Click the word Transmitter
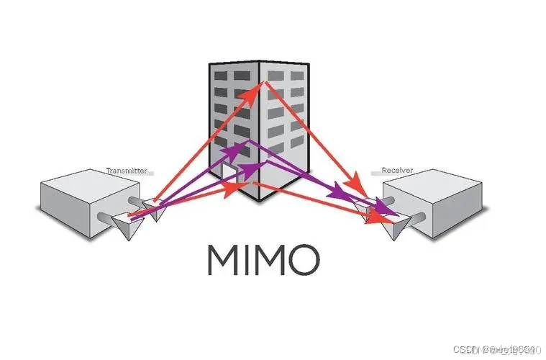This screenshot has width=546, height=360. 127,171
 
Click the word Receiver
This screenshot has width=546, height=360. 397,171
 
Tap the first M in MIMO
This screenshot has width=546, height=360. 225,260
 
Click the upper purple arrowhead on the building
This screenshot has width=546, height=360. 236,148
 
